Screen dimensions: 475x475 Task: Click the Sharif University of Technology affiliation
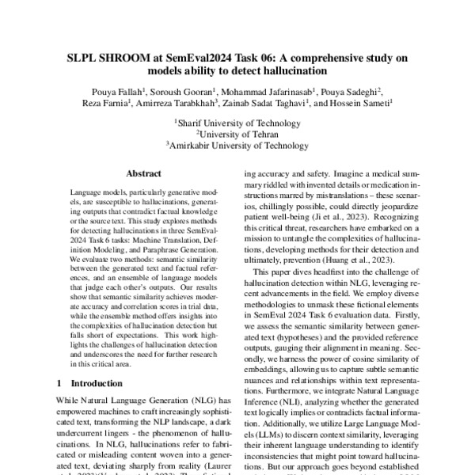pyautogui.click(x=237, y=123)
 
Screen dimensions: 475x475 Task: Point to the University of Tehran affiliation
pyautogui.click(x=237, y=134)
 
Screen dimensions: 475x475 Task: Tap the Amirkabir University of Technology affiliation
pyautogui.click(x=237, y=146)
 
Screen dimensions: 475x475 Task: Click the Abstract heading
pyautogui.click(x=142, y=173)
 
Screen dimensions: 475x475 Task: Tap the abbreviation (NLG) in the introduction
pyautogui.click(x=187, y=401)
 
